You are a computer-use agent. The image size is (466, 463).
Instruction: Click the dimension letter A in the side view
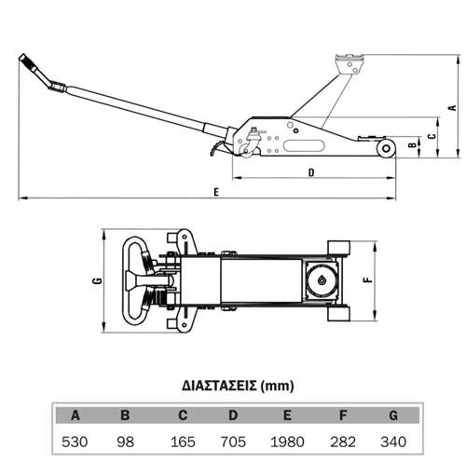tap(453, 108)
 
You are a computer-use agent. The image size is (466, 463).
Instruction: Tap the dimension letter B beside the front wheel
tap(412, 145)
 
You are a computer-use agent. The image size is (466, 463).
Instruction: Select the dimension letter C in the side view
tap(432, 136)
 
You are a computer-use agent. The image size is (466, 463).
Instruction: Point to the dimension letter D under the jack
tap(311, 172)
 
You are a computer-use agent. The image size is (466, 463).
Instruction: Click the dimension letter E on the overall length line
tap(216, 192)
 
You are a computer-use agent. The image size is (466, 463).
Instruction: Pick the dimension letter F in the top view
tap(368, 279)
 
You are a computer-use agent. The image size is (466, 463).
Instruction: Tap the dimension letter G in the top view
tap(98, 280)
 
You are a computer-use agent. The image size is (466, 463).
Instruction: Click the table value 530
tap(75, 442)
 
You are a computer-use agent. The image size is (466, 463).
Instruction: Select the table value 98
tap(125, 442)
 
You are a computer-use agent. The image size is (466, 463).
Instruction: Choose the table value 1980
tap(287, 442)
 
